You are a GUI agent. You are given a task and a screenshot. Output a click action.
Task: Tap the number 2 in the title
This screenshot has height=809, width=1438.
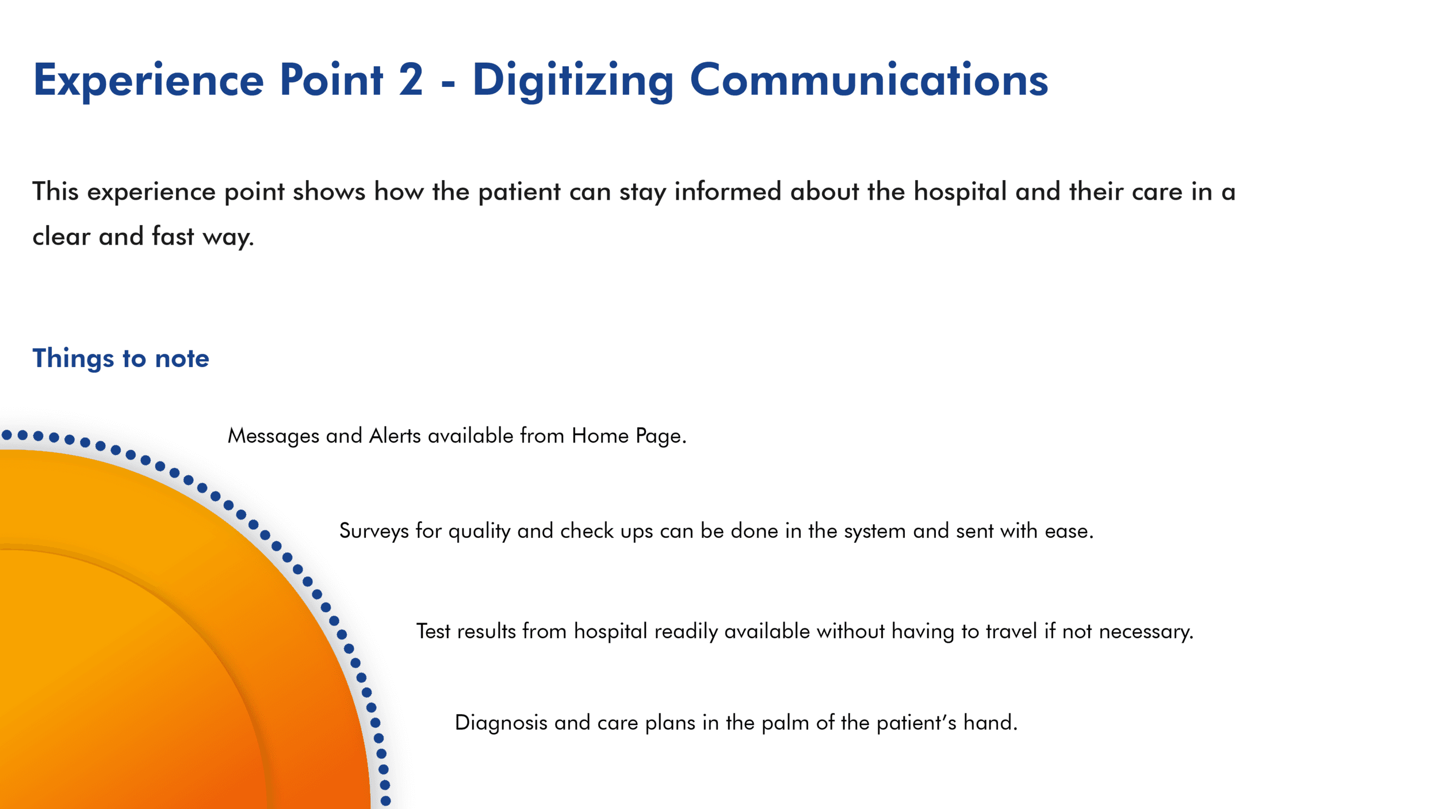pos(411,79)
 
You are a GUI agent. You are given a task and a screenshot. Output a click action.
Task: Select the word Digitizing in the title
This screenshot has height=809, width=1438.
pos(573,81)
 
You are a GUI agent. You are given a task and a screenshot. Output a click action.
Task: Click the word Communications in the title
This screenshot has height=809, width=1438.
pos(869,79)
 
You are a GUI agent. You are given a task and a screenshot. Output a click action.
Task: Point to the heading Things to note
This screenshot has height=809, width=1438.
pos(121,358)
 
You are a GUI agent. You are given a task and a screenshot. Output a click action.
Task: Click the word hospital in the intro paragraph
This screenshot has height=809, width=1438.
pos(960,192)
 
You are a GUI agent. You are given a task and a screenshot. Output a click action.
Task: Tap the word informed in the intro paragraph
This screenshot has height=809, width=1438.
pos(728,191)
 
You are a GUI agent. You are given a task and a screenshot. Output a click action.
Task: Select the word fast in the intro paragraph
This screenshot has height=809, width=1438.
pos(173,236)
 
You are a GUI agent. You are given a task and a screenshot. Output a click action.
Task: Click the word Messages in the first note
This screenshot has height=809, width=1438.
pos(273,437)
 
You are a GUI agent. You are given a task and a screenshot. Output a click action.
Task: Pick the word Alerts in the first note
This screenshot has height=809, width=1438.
pos(395,436)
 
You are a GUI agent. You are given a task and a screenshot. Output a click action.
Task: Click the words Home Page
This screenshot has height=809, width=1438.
pos(629,437)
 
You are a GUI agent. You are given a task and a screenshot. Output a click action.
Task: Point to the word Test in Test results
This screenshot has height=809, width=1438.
pos(433,631)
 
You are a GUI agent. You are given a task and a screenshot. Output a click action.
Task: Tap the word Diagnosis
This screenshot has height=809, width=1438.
pos(501,723)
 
